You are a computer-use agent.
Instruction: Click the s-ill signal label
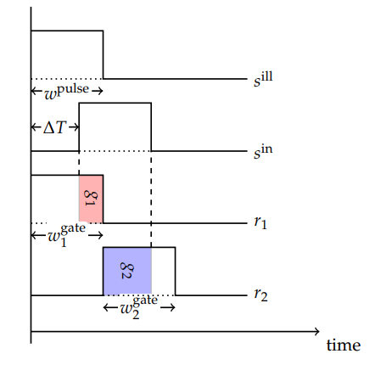263,79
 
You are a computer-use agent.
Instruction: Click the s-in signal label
263,152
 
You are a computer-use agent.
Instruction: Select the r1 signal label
260,222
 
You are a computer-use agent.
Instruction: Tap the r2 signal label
260,295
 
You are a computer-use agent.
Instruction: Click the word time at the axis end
344,345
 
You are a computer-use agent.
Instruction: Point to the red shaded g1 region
91,199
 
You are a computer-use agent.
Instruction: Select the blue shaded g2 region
127,271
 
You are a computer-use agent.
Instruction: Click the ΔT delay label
55,127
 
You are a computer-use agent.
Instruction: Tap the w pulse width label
67,92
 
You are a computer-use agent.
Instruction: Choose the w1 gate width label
67,235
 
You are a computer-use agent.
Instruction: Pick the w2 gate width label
138,307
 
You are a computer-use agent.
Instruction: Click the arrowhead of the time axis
317,331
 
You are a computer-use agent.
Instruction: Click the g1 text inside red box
91,198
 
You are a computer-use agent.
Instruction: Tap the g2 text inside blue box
126,271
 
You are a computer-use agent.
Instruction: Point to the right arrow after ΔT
74,127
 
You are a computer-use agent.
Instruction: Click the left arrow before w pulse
36,91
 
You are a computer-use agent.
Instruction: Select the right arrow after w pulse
98,91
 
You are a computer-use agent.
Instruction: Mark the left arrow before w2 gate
110,307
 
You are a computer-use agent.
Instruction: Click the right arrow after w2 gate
168,307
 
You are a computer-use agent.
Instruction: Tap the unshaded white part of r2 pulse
163,271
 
